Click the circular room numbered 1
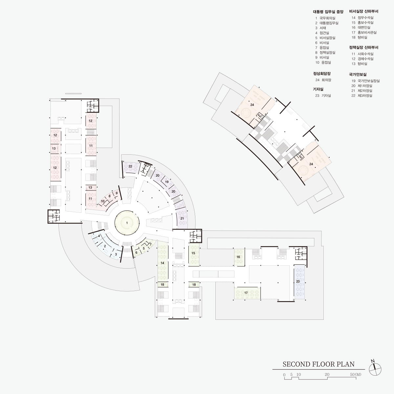(x=127, y=223)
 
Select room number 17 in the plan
(x=246, y=293)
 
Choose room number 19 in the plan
(x=167, y=182)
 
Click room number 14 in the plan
(x=162, y=263)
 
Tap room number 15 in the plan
(x=193, y=253)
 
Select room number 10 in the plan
(x=103, y=201)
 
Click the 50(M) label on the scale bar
(x=356, y=374)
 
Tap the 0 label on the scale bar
(x=284, y=375)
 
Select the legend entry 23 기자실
(x=323, y=96)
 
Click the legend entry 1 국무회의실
(x=325, y=18)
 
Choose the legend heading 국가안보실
(x=358, y=75)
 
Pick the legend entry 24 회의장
(x=323, y=80)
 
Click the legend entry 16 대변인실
(x=361, y=27)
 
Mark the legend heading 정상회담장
(x=322, y=74)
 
